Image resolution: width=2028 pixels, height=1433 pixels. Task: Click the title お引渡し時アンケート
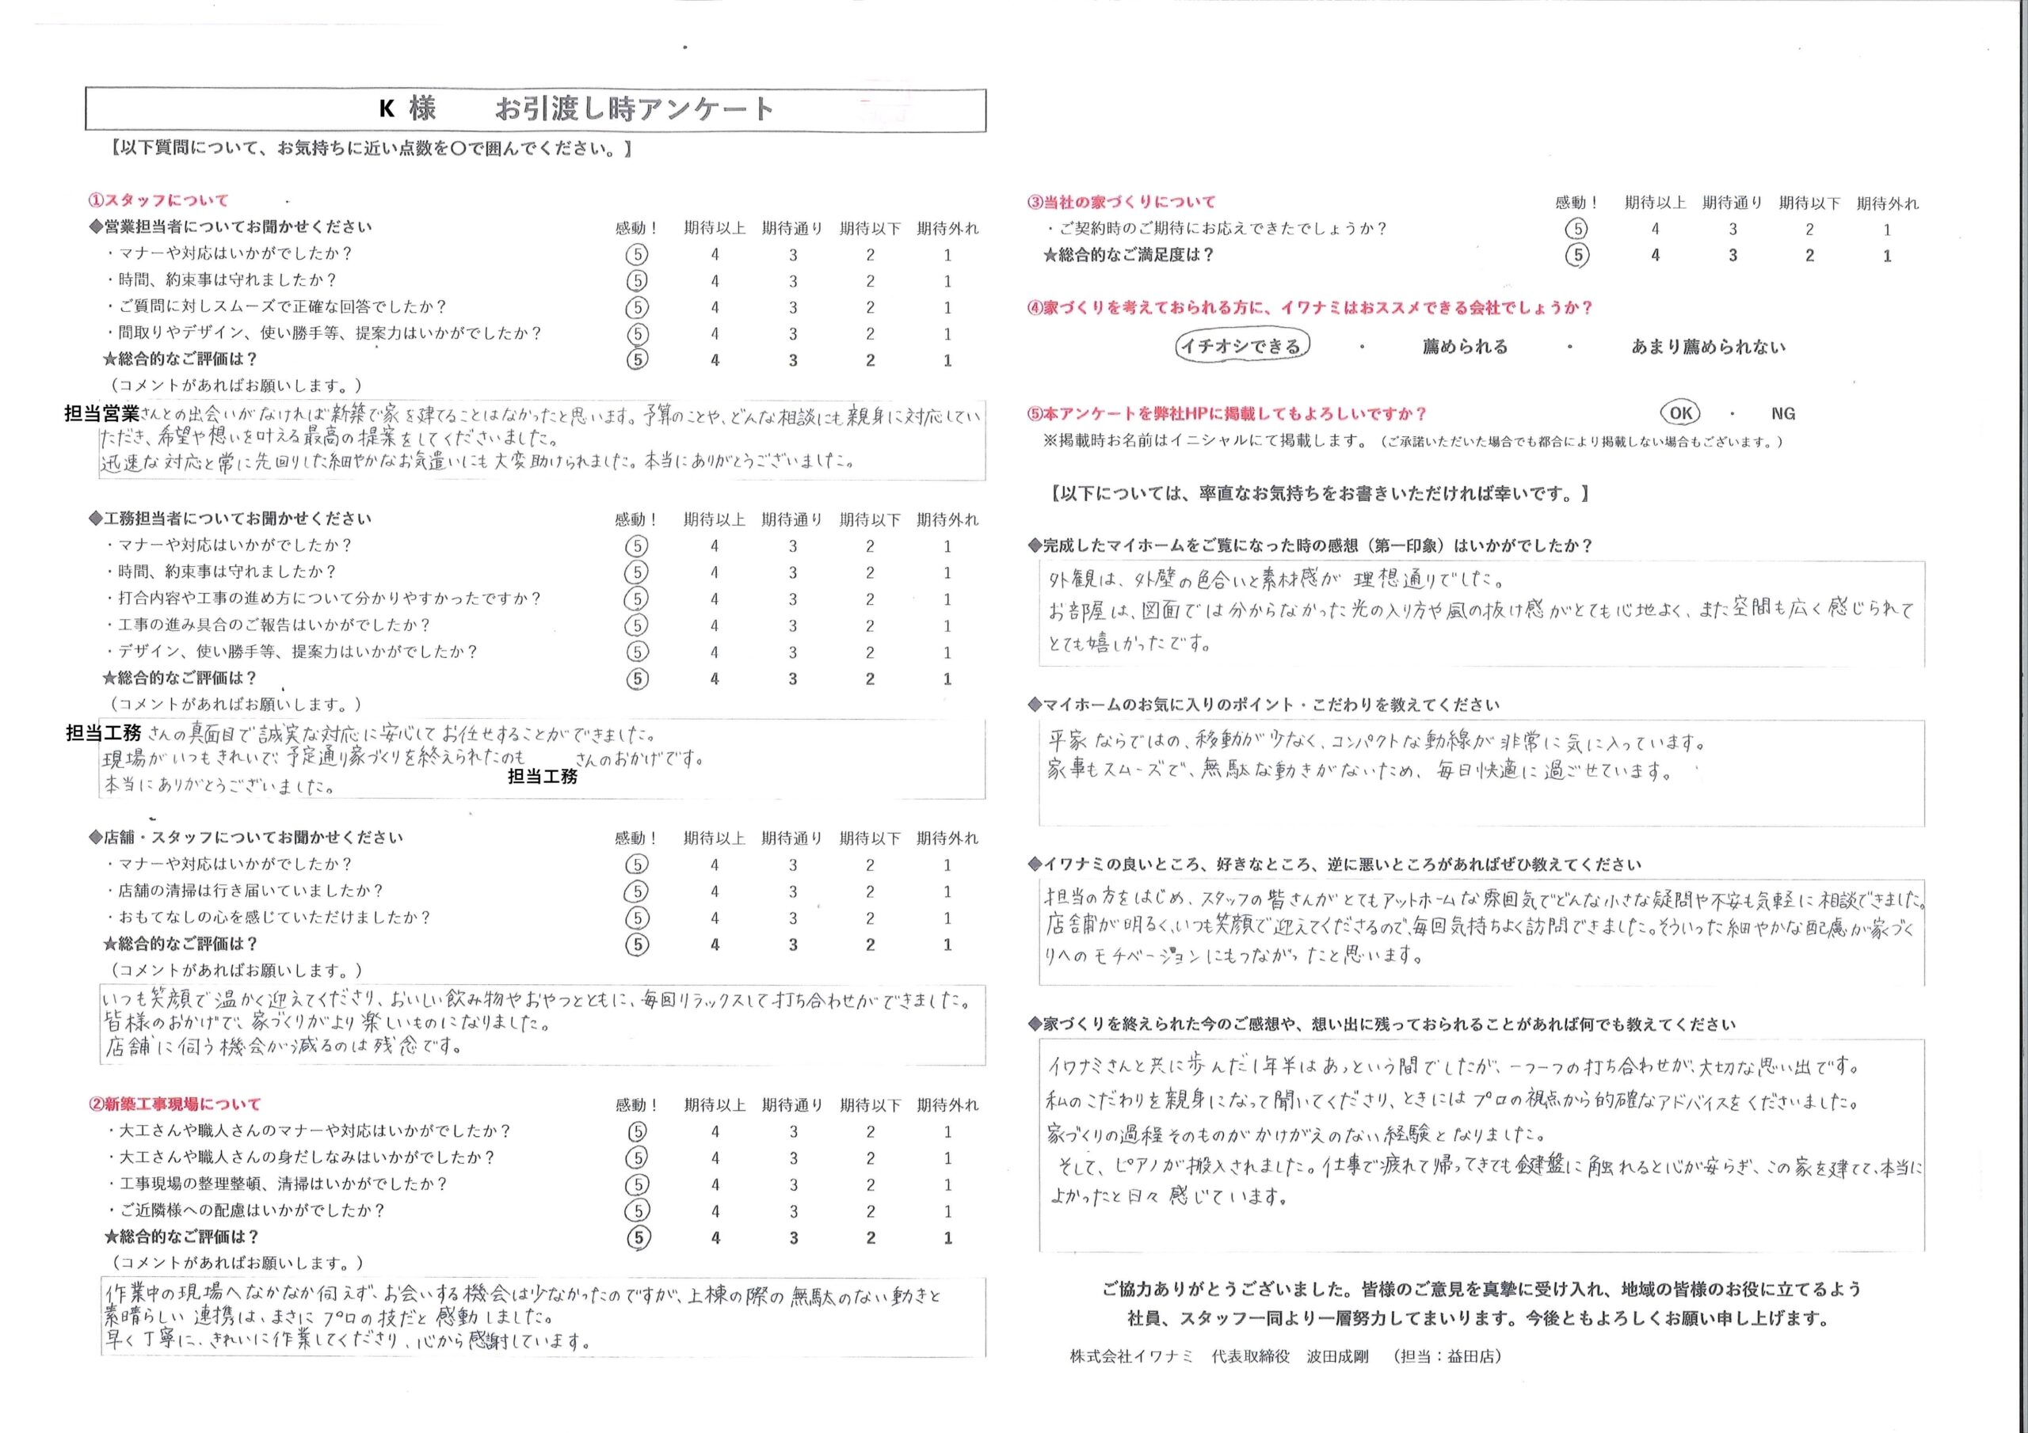[x=635, y=109]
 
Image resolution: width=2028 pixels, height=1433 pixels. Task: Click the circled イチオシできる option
[x=1241, y=346]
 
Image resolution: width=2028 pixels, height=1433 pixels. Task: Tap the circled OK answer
[x=1680, y=413]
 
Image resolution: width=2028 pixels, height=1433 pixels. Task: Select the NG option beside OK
[x=1782, y=413]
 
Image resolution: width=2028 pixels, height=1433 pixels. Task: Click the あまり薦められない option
[x=1707, y=347]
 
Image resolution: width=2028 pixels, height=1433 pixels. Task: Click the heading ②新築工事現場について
[x=174, y=1104]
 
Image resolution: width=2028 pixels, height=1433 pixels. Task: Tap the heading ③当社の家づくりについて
[x=1121, y=202]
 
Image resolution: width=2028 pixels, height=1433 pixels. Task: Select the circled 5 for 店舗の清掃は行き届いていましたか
[x=637, y=891]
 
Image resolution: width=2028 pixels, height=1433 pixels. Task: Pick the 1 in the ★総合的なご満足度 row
[x=1887, y=256]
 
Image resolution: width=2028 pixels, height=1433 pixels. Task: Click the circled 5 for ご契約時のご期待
[x=1576, y=230]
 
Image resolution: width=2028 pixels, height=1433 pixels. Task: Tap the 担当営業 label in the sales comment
[x=101, y=413]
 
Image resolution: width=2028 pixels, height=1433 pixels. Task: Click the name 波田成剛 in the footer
[x=1337, y=1356]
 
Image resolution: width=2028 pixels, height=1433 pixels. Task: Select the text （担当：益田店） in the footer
[x=1446, y=1356]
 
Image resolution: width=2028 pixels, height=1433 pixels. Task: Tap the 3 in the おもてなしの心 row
[x=792, y=918]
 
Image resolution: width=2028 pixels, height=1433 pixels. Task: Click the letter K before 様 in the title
[x=386, y=109]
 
